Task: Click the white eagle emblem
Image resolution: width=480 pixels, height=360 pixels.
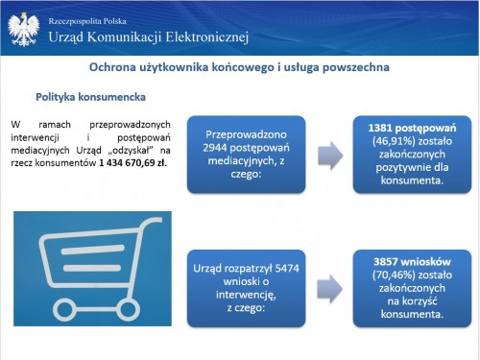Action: [x=24, y=30]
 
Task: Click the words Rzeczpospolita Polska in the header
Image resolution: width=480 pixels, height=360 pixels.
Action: [x=87, y=21]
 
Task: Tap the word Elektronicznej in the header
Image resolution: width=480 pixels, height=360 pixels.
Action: [x=207, y=37]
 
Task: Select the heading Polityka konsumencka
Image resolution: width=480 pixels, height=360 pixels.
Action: [x=90, y=97]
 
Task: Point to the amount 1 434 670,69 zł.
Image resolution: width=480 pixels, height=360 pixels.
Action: [x=132, y=163]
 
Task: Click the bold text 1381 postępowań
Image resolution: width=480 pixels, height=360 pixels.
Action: [x=412, y=129]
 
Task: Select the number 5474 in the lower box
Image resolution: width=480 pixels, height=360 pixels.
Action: [x=287, y=268]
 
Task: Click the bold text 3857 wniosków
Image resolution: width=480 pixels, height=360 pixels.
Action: [x=412, y=262]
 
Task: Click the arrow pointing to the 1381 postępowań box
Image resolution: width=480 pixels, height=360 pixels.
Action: [x=330, y=156]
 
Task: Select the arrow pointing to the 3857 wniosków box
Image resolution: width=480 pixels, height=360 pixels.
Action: [x=330, y=289]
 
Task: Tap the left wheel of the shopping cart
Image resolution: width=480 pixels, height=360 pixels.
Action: [x=65, y=310]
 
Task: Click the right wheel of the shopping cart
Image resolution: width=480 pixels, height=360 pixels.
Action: [x=128, y=310]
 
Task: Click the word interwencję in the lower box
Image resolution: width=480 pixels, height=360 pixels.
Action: [x=246, y=295]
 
